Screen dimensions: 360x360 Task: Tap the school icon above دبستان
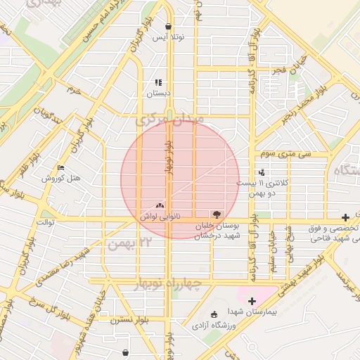pos(158,82)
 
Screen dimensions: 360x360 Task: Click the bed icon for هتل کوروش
pos(60,168)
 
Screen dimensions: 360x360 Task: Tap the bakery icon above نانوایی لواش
pos(160,206)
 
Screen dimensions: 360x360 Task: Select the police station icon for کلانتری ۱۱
pos(262,172)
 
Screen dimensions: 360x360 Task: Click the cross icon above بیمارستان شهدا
pos(252,301)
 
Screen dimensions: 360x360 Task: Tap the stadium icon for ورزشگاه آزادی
pos(214,314)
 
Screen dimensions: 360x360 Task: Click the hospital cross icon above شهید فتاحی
pos(345,218)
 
